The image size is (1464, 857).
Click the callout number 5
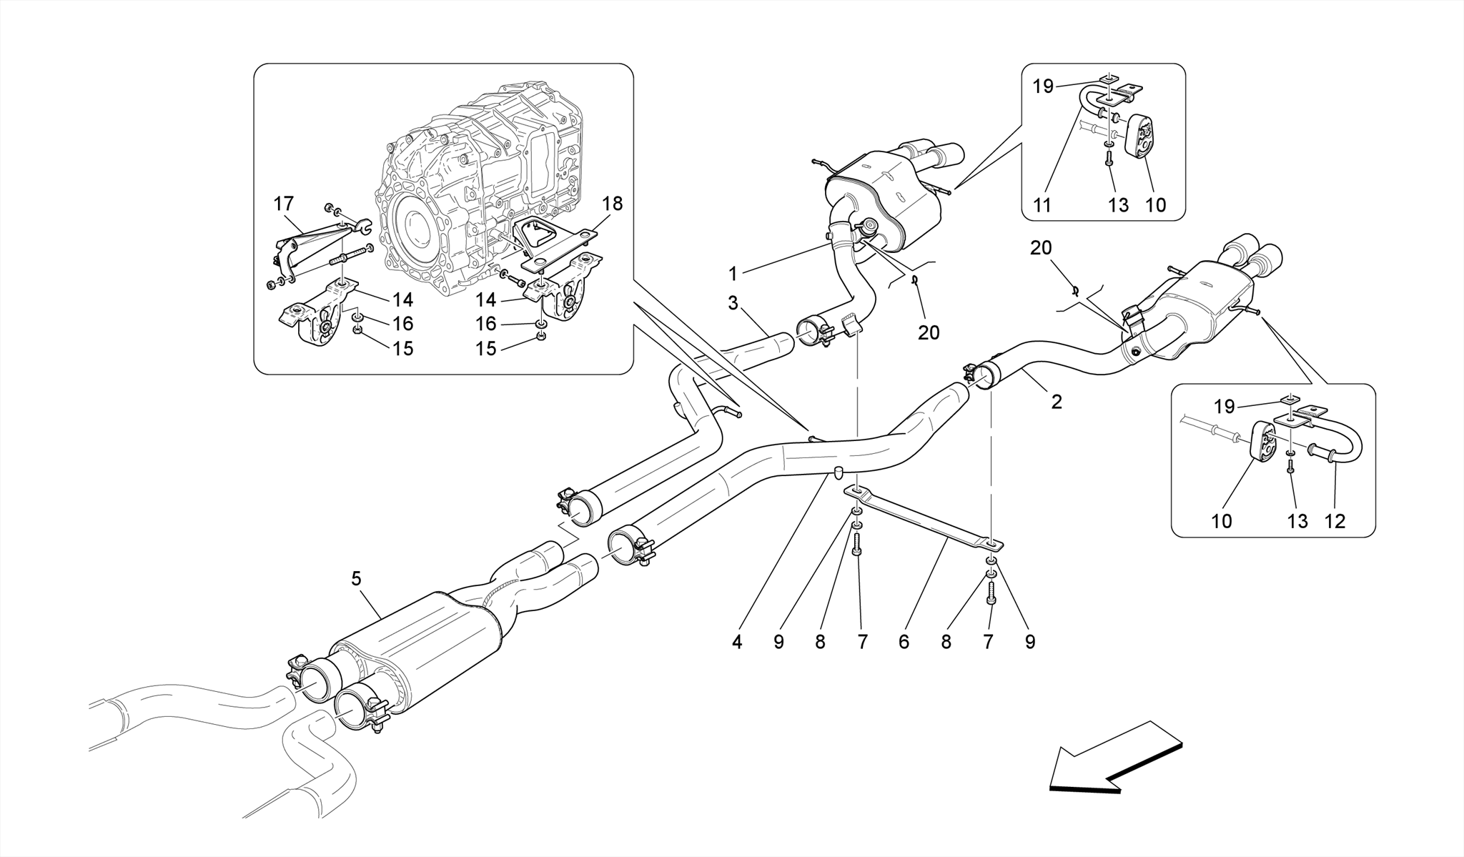click(357, 579)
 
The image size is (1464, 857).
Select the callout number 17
click(284, 204)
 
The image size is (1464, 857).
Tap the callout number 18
click(613, 204)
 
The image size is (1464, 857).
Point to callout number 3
click(733, 303)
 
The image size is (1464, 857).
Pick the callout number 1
click(733, 273)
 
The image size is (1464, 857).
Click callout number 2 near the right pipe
click(1057, 402)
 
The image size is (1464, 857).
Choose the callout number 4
click(737, 642)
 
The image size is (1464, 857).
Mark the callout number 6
click(904, 642)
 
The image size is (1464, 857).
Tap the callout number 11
click(1043, 205)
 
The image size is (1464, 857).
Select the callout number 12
click(1335, 521)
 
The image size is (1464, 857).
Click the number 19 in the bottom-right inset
click(1225, 407)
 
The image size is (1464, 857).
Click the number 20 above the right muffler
click(1041, 248)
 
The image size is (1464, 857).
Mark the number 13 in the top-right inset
click(1118, 205)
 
